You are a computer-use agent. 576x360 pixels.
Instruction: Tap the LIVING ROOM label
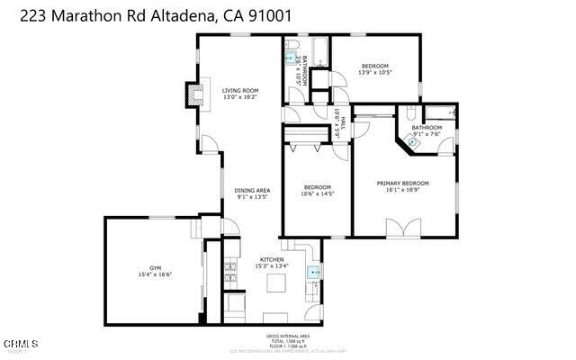pyautogui.click(x=240, y=91)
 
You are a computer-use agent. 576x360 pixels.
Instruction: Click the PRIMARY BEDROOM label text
pyautogui.click(x=402, y=183)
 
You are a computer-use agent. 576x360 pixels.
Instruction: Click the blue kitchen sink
pyautogui.click(x=314, y=271)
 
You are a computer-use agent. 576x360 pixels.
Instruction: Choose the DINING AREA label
pyautogui.click(x=252, y=190)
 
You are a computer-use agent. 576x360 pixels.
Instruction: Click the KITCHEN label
pyautogui.click(x=271, y=258)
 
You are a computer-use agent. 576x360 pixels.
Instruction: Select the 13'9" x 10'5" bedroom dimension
pyautogui.click(x=374, y=73)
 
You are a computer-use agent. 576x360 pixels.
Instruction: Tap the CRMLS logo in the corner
pyautogui.click(x=20, y=345)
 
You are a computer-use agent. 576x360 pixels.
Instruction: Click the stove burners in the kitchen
pyautogui.click(x=230, y=270)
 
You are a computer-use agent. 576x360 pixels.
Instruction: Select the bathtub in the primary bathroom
pyautogui.click(x=440, y=112)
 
